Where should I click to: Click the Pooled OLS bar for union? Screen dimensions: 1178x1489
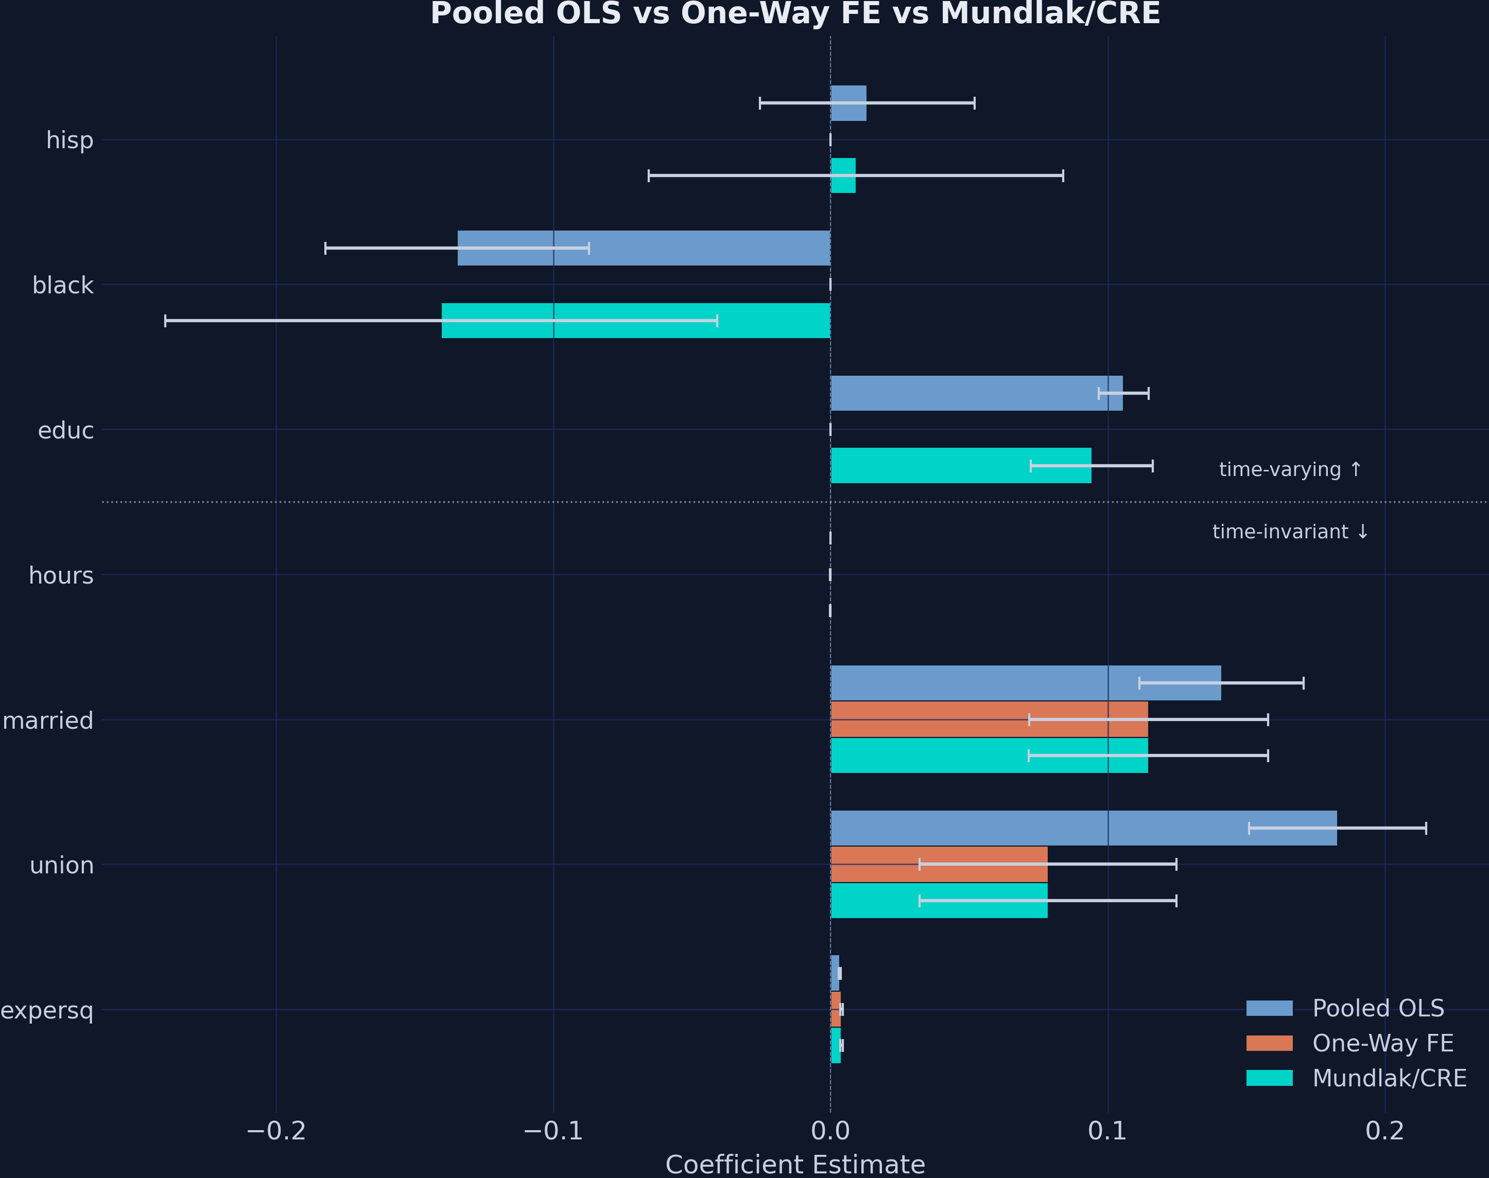click(x=1083, y=828)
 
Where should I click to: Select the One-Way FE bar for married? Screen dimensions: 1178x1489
click(x=989, y=719)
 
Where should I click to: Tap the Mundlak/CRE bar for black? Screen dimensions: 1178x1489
click(x=635, y=320)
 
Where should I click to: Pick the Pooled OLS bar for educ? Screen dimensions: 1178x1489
click(x=976, y=393)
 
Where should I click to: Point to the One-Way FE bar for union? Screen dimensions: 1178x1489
click(x=939, y=864)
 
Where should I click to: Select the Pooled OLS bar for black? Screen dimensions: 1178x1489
click(x=644, y=248)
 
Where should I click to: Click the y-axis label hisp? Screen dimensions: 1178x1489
click(x=70, y=140)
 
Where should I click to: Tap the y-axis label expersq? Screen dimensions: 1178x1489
click(x=47, y=1010)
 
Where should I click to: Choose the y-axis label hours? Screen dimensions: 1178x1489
click(x=61, y=575)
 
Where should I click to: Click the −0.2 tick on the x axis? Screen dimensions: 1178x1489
click(x=276, y=1131)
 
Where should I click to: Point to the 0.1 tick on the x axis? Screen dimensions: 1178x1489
click(x=1107, y=1131)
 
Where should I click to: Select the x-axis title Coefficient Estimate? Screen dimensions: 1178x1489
click(x=795, y=1164)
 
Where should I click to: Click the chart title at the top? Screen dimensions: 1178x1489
click(x=795, y=14)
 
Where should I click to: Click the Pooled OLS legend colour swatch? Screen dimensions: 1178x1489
click(x=1269, y=1008)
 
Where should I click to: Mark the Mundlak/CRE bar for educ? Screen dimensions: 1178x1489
click(x=960, y=466)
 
